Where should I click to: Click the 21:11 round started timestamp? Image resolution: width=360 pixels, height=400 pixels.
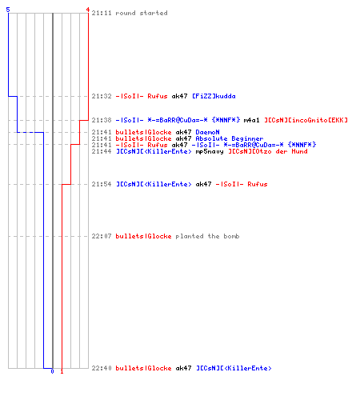[x=102, y=13]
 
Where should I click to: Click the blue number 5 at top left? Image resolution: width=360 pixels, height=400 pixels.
[x=8, y=10]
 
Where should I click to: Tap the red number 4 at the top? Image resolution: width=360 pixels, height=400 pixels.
[x=87, y=10]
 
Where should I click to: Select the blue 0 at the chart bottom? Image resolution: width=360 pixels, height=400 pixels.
[x=52, y=371]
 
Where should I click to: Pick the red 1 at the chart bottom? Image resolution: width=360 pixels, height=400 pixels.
[x=62, y=371]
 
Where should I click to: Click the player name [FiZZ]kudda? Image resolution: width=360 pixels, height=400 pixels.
[x=214, y=96]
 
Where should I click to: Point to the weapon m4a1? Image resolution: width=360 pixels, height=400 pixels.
[x=251, y=120]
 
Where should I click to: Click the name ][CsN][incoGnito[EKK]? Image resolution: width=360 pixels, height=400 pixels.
[x=306, y=120]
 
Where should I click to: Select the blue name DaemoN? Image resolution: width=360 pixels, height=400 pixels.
[x=207, y=132]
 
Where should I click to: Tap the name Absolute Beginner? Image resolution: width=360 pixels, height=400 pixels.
[x=230, y=138]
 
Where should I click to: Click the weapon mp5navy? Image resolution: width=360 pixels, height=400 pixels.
[x=210, y=152]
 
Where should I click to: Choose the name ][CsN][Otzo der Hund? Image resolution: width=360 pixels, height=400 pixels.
[x=268, y=151]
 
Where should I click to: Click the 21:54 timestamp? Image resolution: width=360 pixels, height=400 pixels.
[x=102, y=184]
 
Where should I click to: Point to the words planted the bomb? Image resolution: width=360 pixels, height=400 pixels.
[x=207, y=236]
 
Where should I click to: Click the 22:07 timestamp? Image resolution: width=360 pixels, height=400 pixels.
[x=102, y=236]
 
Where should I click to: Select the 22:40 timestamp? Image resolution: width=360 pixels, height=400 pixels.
[x=102, y=368]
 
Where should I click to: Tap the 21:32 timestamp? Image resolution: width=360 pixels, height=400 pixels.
[x=102, y=96]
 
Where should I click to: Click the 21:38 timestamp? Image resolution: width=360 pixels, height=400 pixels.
[x=102, y=120]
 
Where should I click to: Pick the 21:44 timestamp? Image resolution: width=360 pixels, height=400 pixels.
[x=102, y=151]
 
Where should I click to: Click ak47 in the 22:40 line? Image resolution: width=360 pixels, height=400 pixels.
[x=183, y=368]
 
